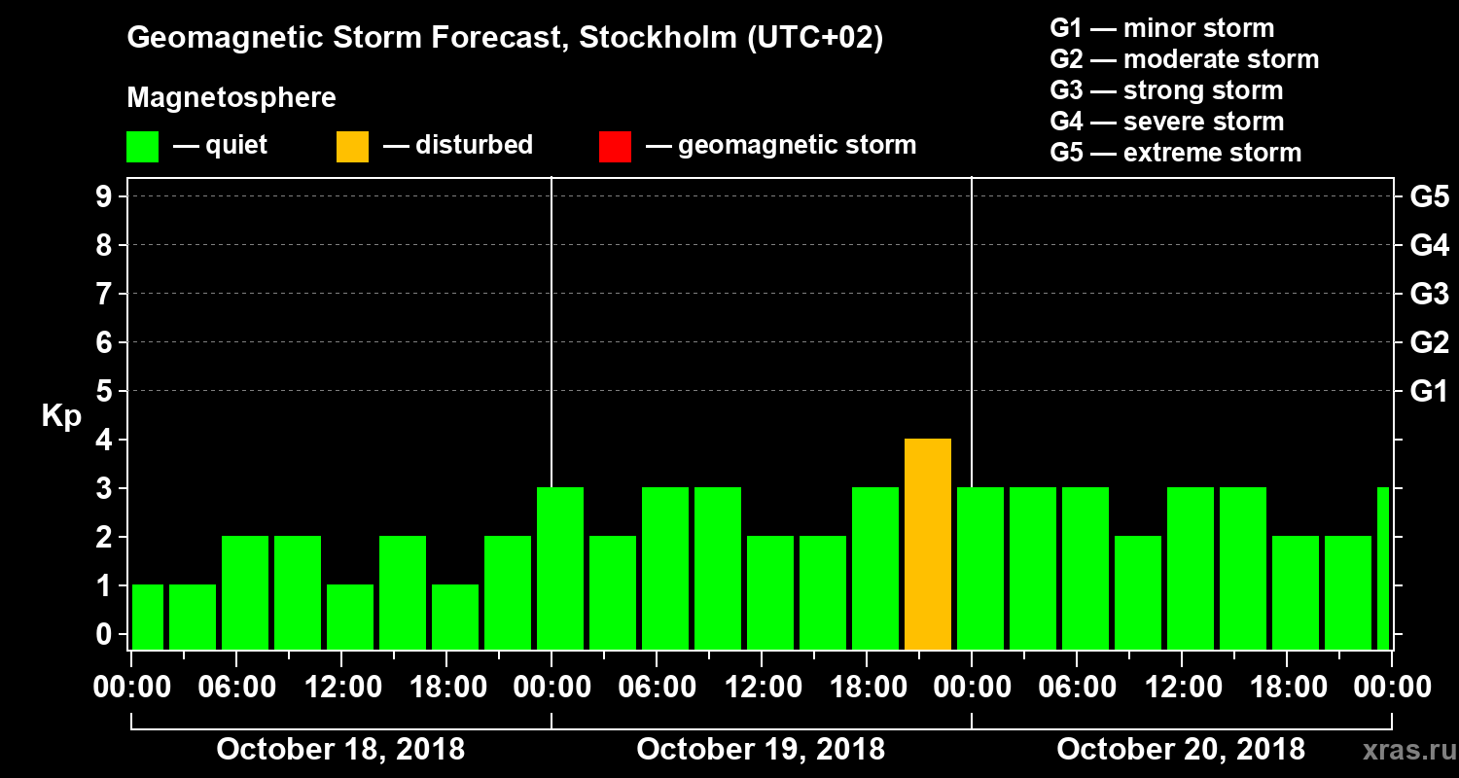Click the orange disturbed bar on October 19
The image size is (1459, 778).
(928, 545)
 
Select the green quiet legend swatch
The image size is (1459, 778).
(142, 147)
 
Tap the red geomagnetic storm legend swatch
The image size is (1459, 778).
(615, 147)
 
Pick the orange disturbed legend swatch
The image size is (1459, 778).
(352, 147)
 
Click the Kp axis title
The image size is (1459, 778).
(61, 416)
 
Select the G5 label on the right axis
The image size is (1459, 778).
(1429, 197)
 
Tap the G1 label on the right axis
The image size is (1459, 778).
(1429, 392)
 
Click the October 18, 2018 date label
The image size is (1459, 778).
(340, 750)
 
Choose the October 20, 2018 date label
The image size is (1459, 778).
(1181, 750)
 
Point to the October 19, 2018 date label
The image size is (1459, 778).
(761, 750)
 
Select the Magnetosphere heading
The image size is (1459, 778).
(231, 98)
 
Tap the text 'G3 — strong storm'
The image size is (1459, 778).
(1166, 90)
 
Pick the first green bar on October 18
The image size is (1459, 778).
(148, 618)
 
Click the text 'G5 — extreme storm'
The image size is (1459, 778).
(1175, 153)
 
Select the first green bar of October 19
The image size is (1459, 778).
(561, 569)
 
